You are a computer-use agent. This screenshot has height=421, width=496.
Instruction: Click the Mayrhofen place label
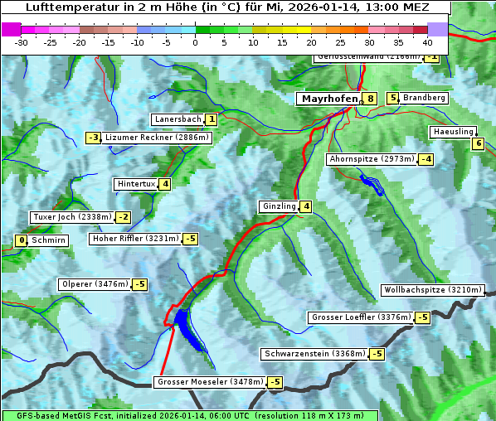[329, 99]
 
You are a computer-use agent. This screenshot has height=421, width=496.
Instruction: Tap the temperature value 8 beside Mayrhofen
[370, 99]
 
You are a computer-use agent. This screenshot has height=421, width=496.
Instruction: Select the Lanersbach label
[177, 119]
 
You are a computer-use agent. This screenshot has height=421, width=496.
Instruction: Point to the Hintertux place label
[137, 184]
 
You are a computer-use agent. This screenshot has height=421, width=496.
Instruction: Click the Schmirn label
[49, 240]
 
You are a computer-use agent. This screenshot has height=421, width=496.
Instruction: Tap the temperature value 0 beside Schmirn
[22, 240]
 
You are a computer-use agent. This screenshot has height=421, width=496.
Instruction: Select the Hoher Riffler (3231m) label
[134, 239]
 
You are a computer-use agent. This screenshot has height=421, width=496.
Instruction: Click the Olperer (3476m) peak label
[95, 284]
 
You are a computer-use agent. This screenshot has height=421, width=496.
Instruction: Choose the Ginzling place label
[278, 206]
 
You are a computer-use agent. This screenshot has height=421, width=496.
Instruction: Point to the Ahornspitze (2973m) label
[372, 158]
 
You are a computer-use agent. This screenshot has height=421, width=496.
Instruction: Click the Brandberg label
[425, 98]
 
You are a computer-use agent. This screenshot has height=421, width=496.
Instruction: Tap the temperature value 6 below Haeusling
[477, 143]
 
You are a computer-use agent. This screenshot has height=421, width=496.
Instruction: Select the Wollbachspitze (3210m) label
[431, 290]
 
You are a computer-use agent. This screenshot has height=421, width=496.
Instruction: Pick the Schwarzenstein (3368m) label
[314, 354]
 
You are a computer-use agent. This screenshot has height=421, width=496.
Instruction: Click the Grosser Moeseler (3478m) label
[210, 382]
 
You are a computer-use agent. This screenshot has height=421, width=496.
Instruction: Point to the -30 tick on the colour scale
[22, 41]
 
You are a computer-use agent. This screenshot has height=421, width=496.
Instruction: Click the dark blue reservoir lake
[187, 327]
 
